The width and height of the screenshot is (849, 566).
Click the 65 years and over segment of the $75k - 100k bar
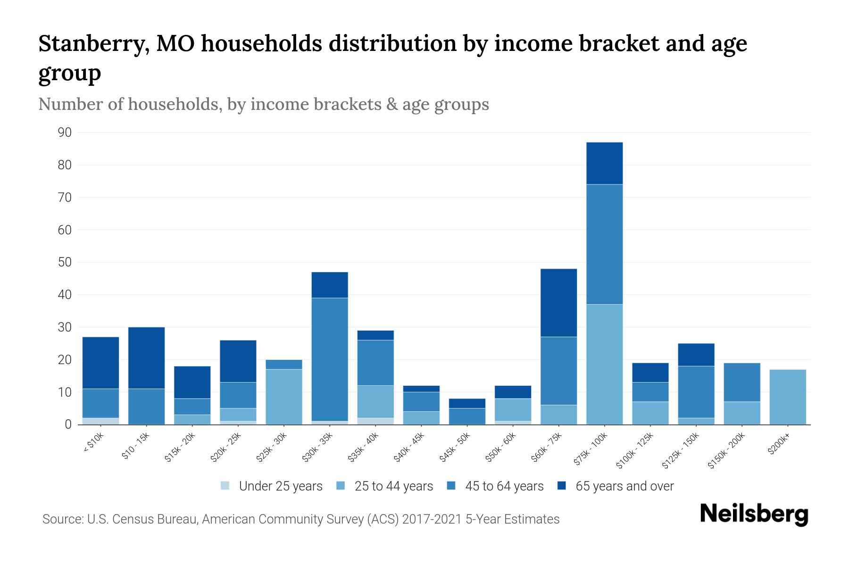604,163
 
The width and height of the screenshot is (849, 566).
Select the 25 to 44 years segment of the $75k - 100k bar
604,364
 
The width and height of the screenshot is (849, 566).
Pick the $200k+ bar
788,397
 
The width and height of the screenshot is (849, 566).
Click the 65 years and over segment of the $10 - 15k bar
147,358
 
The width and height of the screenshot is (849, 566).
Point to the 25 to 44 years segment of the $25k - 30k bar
284,397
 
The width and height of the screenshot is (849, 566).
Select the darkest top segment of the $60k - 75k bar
558,303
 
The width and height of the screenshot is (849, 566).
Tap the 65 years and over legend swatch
562,485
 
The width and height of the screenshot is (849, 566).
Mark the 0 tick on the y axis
68,424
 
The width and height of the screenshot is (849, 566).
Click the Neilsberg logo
754,514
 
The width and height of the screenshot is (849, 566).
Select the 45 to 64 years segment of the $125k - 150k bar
696,392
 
